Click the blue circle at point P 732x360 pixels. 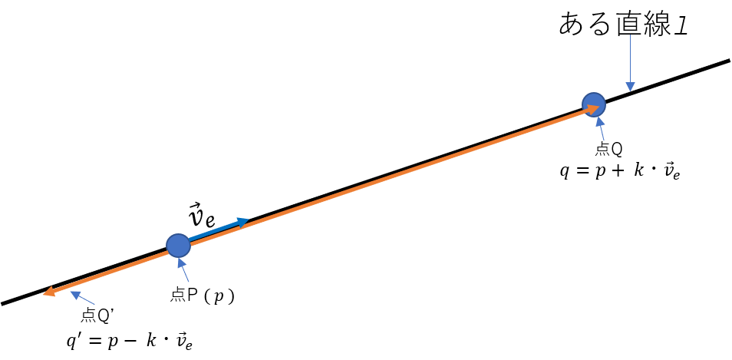coord(178,246)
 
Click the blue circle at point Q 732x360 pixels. coord(594,104)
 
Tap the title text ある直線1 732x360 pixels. coord(624,25)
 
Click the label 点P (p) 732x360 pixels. coord(202,296)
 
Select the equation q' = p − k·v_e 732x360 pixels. coord(130,342)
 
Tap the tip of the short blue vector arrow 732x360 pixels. coord(249,220)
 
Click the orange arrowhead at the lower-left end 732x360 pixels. coord(48,292)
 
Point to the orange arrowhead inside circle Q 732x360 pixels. coord(594,109)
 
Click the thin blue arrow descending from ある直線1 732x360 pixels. coord(630,64)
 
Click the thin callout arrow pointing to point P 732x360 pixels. coord(183,271)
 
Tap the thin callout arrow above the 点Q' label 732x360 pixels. coord(81,299)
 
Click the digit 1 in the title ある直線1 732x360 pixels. coord(682,25)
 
